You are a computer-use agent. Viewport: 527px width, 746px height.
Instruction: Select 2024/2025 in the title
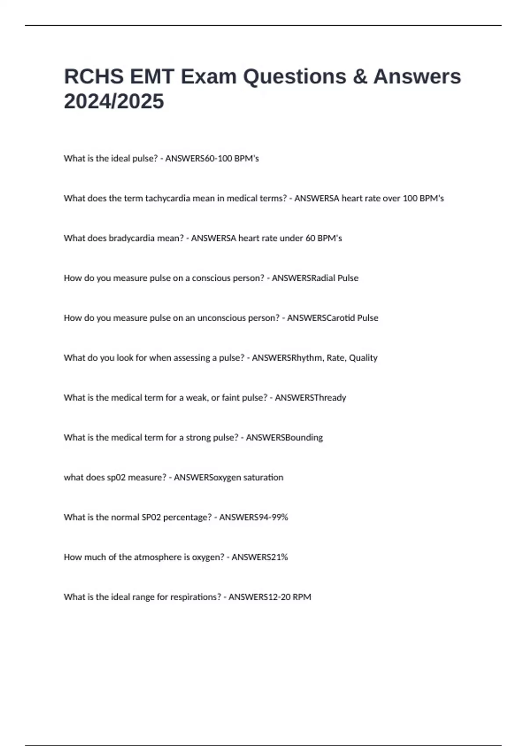pyautogui.click(x=114, y=101)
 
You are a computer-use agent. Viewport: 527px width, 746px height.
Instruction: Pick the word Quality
pyautogui.click(x=363, y=358)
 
